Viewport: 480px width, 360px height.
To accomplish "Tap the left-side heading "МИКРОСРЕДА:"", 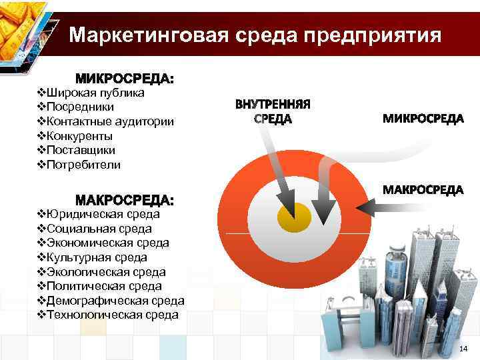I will click(x=125, y=79).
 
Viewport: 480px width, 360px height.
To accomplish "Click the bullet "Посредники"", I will click(x=79, y=107).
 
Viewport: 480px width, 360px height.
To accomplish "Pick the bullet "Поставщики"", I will click(x=80, y=150).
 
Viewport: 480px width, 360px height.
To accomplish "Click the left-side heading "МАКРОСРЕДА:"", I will click(x=125, y=200).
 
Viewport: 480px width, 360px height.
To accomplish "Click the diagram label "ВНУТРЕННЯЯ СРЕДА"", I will click(x=273, y=112).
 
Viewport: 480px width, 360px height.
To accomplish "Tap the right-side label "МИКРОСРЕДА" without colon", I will click(x=423, y=119).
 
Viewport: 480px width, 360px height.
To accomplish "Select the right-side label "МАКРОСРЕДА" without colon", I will click(x=423, y=190).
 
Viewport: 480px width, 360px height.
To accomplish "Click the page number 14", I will click(x=464, y=349).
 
